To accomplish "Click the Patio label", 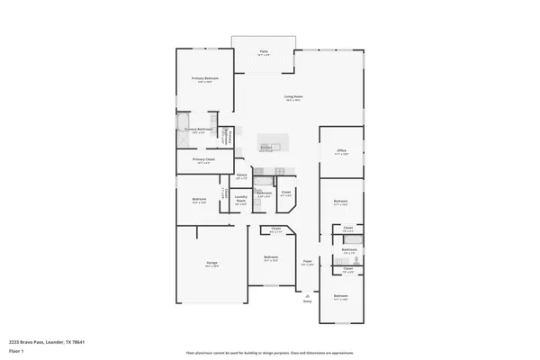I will point(264,52).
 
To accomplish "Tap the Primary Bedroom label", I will point(203,80).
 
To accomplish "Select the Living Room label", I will point(292,98).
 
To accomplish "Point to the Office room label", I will point(342,151).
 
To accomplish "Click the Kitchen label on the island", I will point(265,149).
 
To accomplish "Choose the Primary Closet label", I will point(203,161).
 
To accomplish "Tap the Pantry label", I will point(241,176).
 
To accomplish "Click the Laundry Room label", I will point(241,199).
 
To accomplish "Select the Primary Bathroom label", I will point(198,130).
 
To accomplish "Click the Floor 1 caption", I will point(17,351).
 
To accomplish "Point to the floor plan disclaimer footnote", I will point(270,351).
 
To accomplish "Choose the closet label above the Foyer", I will point(285,193).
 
